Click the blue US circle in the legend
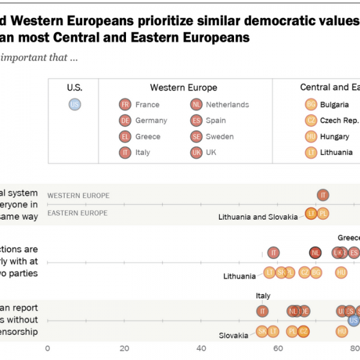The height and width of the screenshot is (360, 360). click(74, 104)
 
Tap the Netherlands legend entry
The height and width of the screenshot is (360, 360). click(219, 104)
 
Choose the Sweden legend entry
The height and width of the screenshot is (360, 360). click(213, 136)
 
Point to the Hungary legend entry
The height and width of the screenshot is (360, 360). click(326, 136)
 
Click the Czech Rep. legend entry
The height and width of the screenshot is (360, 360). click(329, 121)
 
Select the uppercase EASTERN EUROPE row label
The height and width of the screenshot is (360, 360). click(77, 213)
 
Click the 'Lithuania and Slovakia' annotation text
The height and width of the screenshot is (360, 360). click(257, 217)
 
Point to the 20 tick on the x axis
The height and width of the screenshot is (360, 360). click(124, 348)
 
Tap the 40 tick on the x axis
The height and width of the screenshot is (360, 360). click(202, 348)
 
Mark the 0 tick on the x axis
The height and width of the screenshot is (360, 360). click(47, 348)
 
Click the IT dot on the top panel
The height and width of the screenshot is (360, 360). click(323, 195)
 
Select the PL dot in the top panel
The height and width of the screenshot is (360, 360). click(323, 213)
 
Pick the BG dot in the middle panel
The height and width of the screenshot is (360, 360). click(316, 272)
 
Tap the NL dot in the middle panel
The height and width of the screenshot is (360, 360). click(315, 253)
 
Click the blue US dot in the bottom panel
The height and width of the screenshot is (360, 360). click(353, 320)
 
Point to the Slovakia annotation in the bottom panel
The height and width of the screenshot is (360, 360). click(233, 336)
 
